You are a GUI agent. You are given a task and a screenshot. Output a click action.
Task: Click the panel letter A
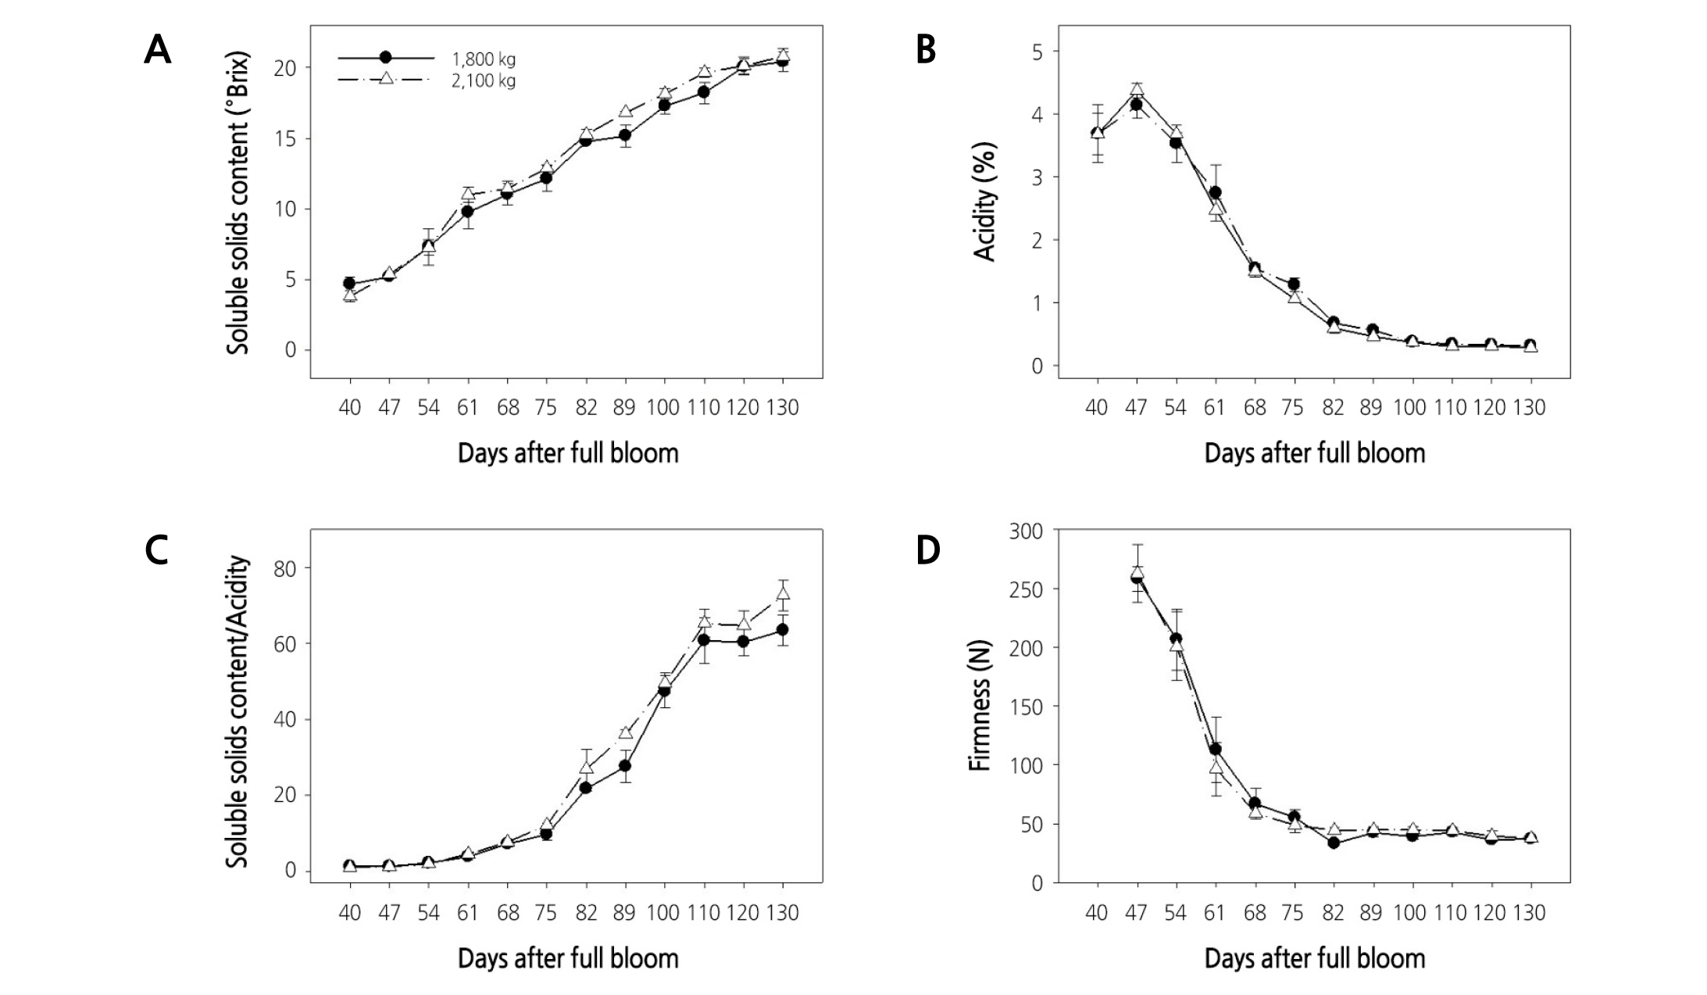coord(157,51)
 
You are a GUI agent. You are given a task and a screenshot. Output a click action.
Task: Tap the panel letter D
coord(927,551)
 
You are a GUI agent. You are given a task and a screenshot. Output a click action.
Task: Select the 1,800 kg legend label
coord(484,59)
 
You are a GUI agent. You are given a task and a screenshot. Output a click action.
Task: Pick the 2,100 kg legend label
coord(484,81)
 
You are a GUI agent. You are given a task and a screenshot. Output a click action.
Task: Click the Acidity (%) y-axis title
coord(985,202)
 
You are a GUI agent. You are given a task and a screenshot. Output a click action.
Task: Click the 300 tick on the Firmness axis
coord(1026,532)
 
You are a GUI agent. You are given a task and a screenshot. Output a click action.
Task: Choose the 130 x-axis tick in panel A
coord(782,407)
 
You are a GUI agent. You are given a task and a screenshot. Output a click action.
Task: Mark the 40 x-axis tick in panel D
coord(1097,912)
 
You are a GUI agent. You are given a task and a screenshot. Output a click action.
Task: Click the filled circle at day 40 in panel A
coord(349,283)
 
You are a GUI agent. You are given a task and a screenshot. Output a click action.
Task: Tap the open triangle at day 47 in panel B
coord(1137,90)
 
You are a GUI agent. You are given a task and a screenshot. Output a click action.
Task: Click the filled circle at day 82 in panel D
coord(1334,843)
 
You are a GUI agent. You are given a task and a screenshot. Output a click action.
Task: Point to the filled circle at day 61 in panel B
coord(1216,192)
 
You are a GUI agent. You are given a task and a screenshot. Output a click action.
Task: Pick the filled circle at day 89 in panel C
coord(625,765)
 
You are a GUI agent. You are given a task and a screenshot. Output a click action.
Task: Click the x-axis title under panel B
coord(1314,453)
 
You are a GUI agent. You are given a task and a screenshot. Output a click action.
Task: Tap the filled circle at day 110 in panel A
coord(704,92)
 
